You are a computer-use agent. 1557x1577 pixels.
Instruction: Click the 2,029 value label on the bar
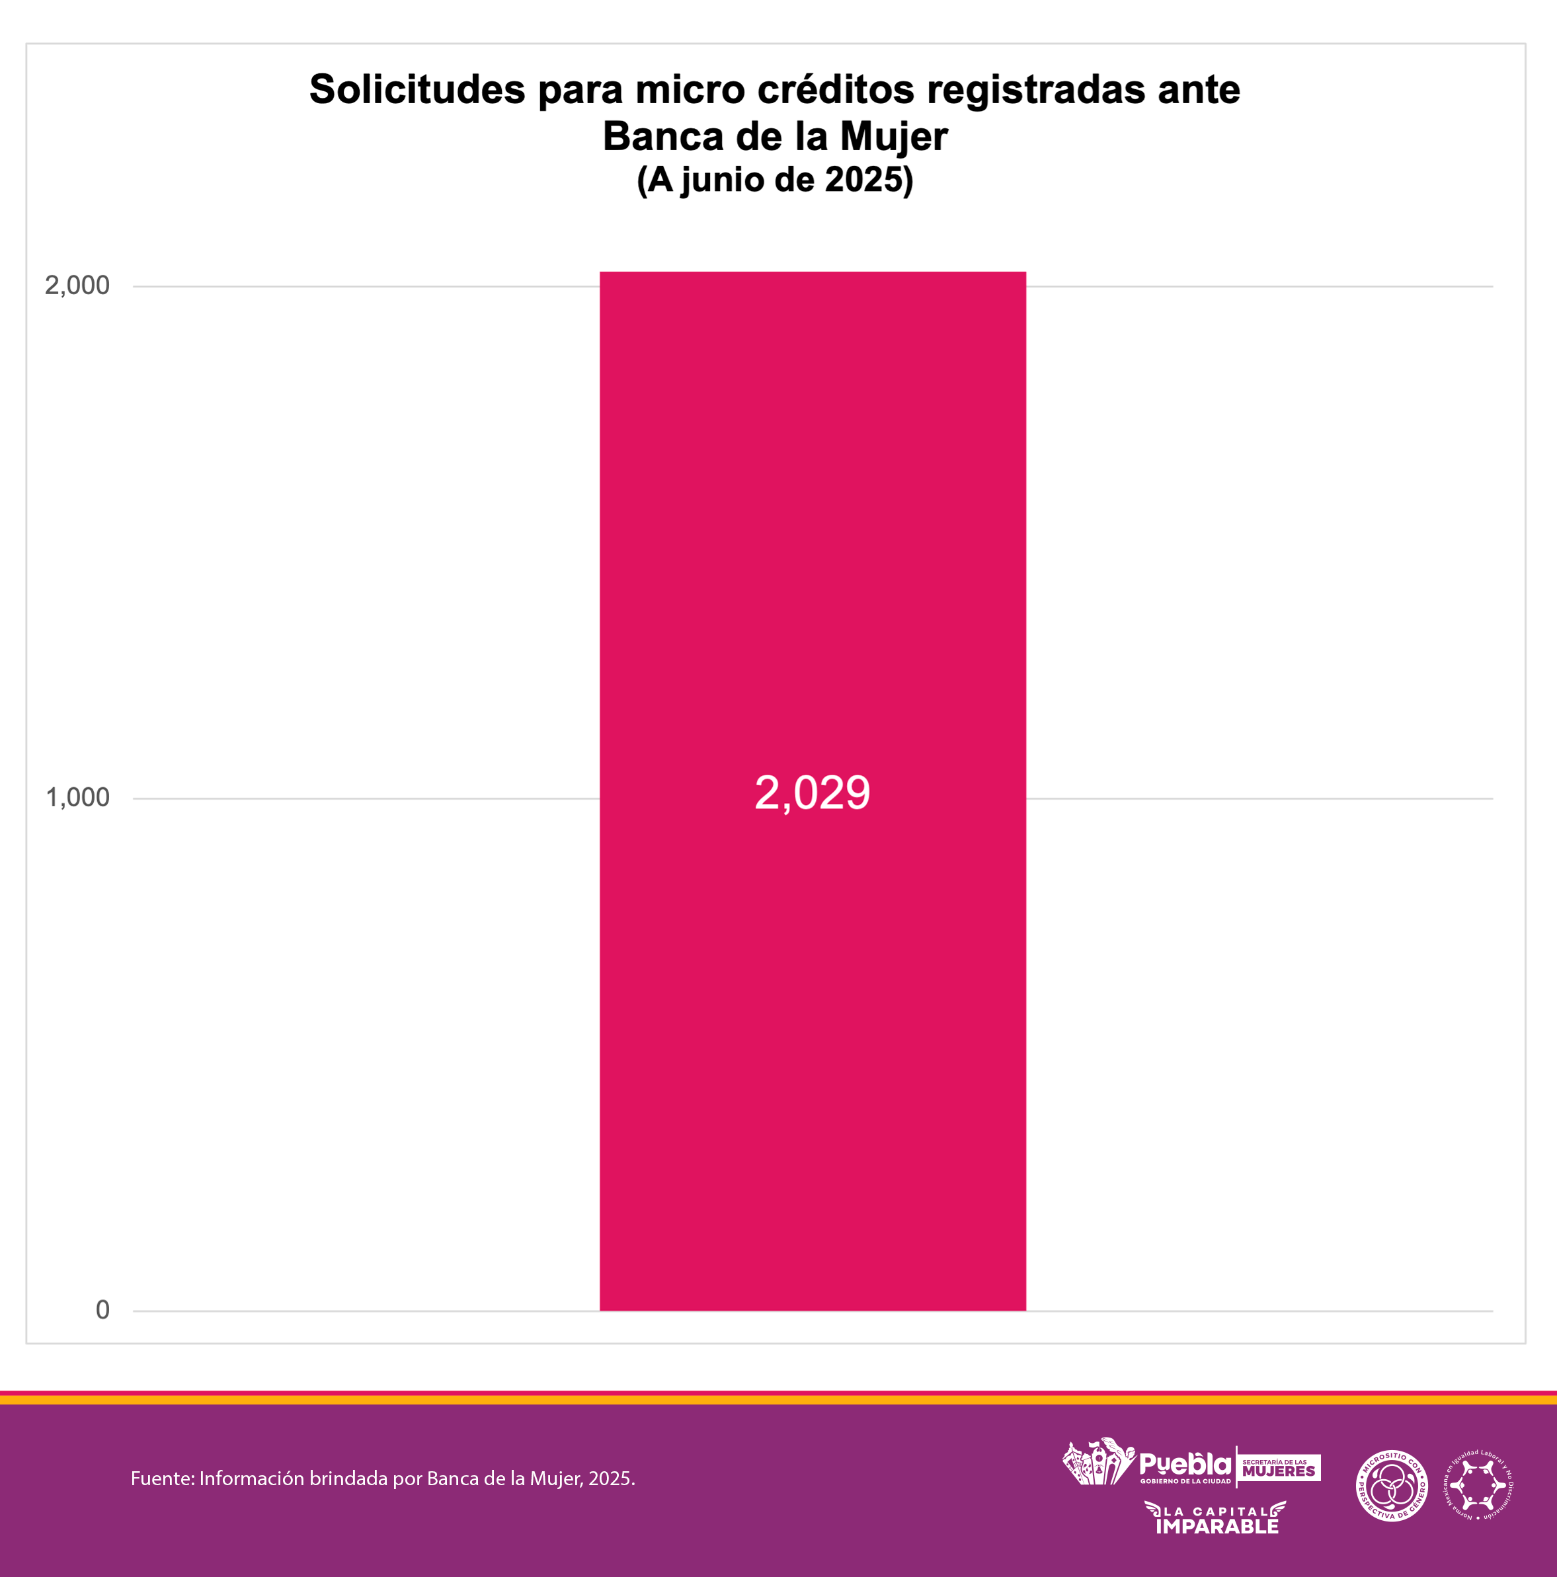812,792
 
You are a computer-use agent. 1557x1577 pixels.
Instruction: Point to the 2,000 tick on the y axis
77,286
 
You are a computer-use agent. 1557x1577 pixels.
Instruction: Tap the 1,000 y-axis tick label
77,798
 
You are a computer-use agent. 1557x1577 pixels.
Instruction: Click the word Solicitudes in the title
417,89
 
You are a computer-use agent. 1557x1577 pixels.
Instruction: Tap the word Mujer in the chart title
893,136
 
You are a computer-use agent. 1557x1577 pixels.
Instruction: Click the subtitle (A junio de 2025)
775,180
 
